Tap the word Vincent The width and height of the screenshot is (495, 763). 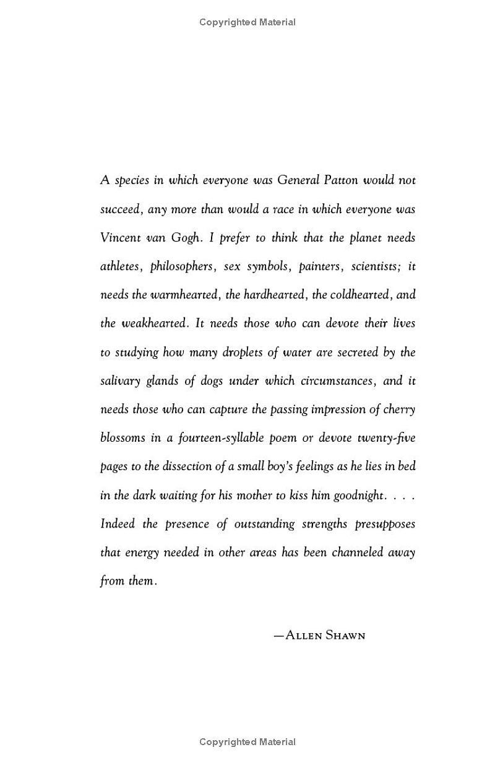pos(119,238)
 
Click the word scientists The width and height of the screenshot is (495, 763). pos(376,267)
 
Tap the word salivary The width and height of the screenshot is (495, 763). pos(120,381)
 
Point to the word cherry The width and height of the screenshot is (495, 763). pos(400,409)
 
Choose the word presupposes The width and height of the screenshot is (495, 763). pos(385,525)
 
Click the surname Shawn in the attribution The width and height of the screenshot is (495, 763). pos(343,634)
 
